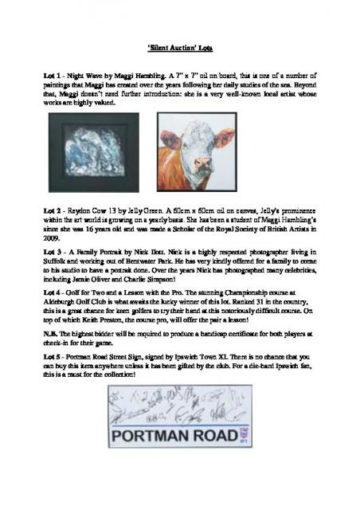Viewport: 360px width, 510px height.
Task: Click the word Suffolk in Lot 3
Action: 57,261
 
